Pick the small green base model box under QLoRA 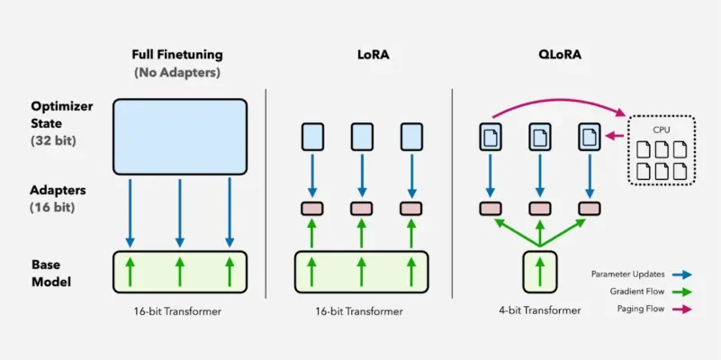coord(539,272)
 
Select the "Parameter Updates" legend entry coord(629,273)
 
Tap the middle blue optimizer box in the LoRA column coord(361,137)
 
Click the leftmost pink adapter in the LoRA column coord(311,209)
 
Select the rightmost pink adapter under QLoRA coord(590,209)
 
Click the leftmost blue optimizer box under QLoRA coord(491,137)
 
